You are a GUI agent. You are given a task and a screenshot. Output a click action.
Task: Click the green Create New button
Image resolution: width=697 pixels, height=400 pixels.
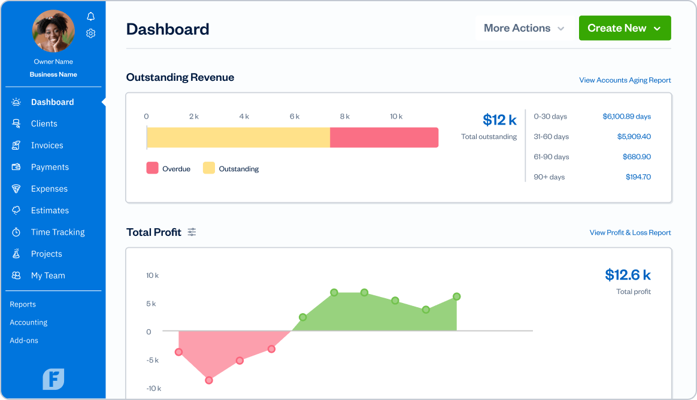[x=625, y=28]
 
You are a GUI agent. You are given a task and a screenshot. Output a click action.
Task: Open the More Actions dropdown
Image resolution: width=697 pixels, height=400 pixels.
[x=524, y=28]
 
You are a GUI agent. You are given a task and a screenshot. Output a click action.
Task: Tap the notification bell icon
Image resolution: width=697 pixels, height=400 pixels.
[x=91, y=16]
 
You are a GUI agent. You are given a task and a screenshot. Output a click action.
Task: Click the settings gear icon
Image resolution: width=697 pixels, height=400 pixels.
[x=91, y=34]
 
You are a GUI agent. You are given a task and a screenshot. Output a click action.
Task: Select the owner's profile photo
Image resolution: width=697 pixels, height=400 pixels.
[x=53, y=31]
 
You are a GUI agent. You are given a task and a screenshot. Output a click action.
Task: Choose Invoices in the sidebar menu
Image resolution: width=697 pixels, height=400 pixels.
[x=47, y=146]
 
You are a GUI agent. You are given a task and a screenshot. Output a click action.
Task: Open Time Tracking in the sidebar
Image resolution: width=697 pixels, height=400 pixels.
[x=57, y=232]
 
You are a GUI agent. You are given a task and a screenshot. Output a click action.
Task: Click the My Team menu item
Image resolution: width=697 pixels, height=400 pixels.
[x=48, y=275]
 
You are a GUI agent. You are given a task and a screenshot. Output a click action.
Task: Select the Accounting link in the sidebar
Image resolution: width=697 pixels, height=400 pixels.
[x=28, y=322]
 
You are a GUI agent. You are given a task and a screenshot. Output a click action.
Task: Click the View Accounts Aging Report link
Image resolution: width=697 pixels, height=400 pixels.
[x=625, y=80]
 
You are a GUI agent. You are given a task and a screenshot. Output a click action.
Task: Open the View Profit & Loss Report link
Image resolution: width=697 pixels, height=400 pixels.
[x=630, y=232]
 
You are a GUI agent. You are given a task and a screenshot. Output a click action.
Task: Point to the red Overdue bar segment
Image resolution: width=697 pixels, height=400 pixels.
[x=384, y=137]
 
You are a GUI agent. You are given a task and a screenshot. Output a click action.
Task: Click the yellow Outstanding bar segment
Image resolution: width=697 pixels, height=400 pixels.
[x=238, y=137]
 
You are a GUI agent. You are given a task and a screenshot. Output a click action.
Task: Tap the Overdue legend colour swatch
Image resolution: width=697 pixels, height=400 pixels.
[x=152, y=168]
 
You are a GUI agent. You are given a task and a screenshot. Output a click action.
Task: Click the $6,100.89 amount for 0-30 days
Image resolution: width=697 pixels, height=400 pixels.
[x=626, y=116]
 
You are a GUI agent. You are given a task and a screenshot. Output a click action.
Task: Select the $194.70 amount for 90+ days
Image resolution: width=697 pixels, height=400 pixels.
[x=638, y=177]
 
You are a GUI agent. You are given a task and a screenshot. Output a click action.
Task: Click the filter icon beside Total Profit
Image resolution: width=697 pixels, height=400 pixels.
[x=192, y=232]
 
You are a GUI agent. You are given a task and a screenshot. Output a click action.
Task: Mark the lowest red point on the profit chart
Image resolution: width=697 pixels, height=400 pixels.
[x=209, y=380]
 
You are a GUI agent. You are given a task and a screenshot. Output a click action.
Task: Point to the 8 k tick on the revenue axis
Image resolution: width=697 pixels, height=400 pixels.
[x=345, y=116]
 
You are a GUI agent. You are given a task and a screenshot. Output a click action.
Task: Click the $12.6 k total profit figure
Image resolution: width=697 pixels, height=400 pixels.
[x=628, y=275]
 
